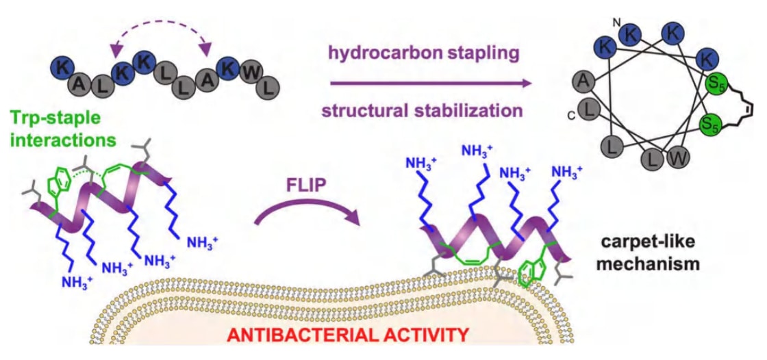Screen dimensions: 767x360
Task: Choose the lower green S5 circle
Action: click(x=709, y=125)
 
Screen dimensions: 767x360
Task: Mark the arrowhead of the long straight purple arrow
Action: click(x=527, y=83)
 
